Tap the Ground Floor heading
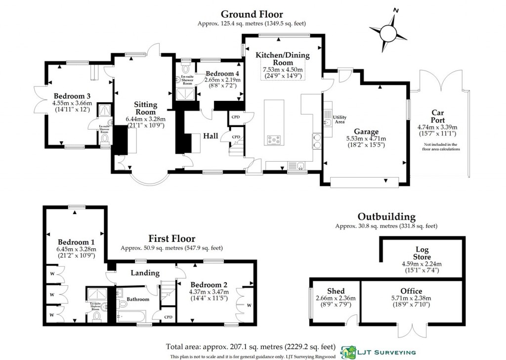pos(252,14)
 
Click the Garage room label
pos(365,132)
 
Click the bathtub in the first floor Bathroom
pos(131,316)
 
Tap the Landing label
pos(145,273)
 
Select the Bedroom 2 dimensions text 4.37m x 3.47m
pos(208,293)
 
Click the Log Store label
pos(422,253)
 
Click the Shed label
pos(336,291)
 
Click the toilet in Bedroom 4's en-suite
pos(186,68)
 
